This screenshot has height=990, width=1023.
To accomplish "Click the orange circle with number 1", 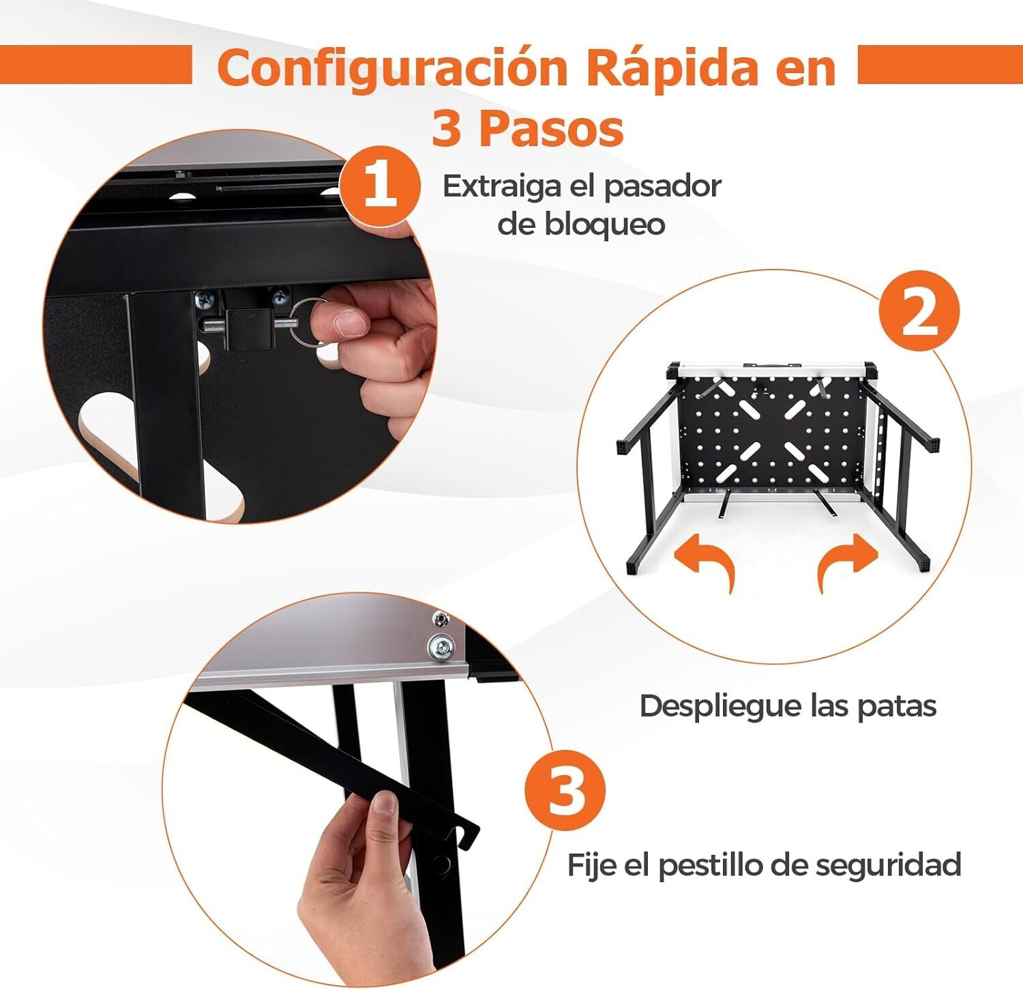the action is pos(380,185).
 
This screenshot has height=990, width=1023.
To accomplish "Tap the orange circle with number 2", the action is pos(919,311).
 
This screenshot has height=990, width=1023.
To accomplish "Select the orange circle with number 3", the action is pos(565,791).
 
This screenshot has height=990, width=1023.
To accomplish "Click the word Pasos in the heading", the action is pos(551,128).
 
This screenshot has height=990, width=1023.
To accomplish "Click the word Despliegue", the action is pos(720,707).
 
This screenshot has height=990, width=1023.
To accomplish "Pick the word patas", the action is pos(897,706).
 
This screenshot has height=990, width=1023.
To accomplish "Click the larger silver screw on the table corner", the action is pos(441,647).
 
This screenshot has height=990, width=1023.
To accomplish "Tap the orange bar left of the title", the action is pos(95,65).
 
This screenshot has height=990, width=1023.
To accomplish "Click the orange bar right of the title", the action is pos(940,65).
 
